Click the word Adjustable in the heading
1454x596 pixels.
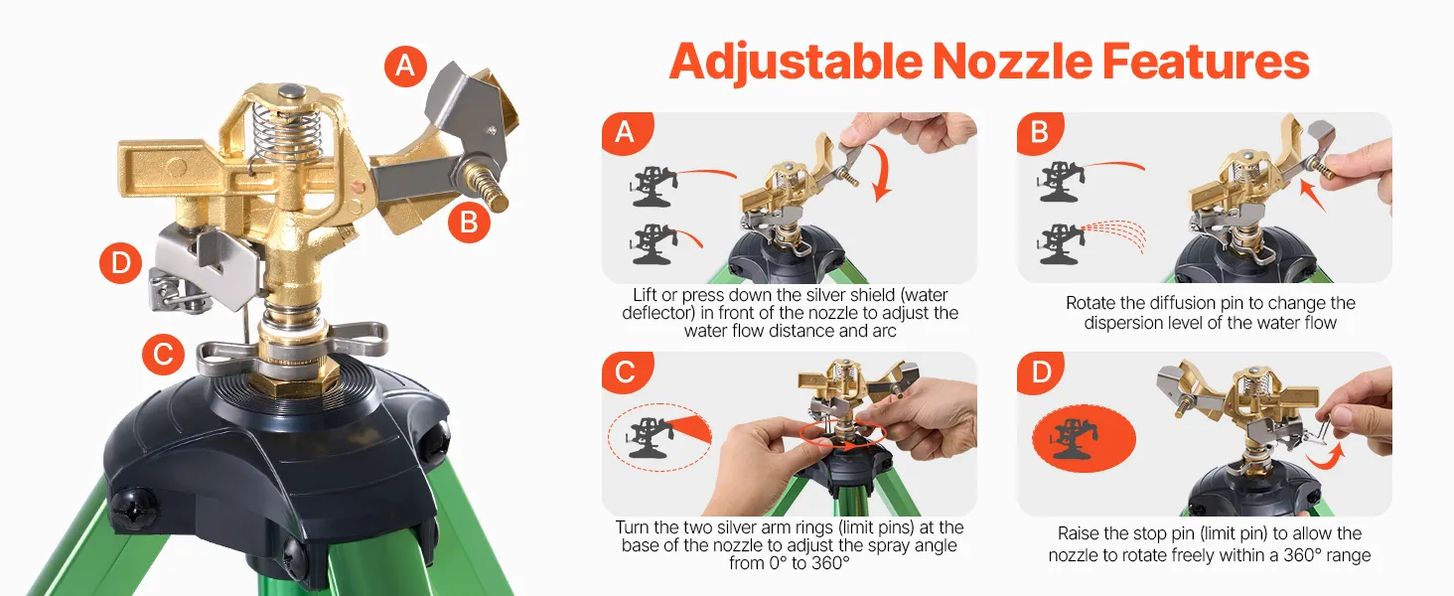pos(797,63)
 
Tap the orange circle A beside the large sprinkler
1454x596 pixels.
pos(405,66)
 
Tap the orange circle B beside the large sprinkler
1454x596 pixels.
pos(469,223)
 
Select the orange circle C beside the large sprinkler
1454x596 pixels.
pos(164,354)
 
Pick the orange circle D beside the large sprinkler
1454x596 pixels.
pos(121,262)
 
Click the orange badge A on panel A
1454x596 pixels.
pos(625,133)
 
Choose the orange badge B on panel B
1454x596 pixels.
pos(1040,133)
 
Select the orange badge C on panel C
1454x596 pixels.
pos(625,372)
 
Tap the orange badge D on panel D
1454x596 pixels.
pos(1040,372)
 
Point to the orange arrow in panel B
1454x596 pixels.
pos(1313,196)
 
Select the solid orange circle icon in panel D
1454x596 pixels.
pos(1084,439)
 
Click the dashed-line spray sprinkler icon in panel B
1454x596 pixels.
pos(1091,242)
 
